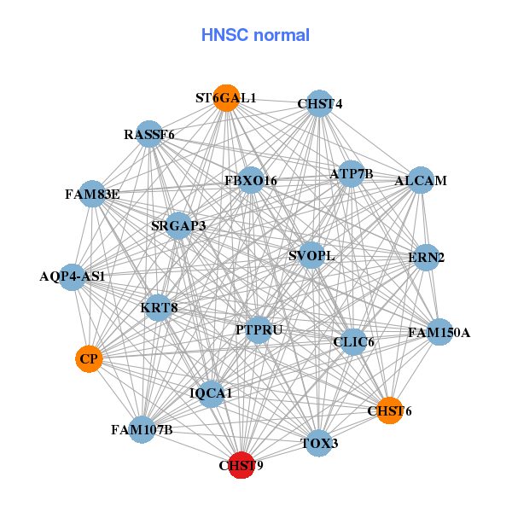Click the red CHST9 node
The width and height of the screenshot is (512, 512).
point(242,465)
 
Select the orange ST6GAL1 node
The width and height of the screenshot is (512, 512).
point(226,98)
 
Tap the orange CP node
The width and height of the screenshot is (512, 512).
point(89,359)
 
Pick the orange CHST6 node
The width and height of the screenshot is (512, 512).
point(389,410)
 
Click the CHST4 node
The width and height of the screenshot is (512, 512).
point(319,104)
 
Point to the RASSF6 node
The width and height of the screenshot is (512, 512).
point(149,134)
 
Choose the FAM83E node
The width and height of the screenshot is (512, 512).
point(92,194)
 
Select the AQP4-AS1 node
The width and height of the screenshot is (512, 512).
point(73,276)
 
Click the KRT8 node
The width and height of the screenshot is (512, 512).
point(159,307)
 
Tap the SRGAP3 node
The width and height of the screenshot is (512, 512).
point(178,226)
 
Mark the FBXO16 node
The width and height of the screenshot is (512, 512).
point(251,181)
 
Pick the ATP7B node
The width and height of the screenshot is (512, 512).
point(352,174)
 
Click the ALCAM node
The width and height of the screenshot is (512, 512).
point(420,181)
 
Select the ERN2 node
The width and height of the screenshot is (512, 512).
point(427,257)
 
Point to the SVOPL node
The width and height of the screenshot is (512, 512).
point(311,255)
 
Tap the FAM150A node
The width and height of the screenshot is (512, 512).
point(439,332)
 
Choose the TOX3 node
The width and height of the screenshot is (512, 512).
point(319,443)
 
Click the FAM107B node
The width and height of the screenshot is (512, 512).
point(142,429)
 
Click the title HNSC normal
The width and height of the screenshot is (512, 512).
point(255,35)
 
